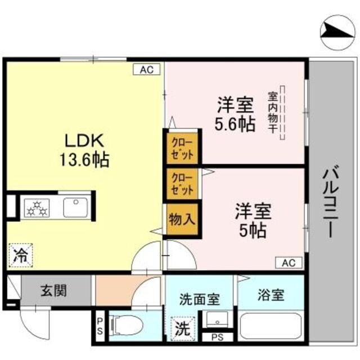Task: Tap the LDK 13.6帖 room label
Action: (84, 148)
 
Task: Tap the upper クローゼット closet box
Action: (182, 147)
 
